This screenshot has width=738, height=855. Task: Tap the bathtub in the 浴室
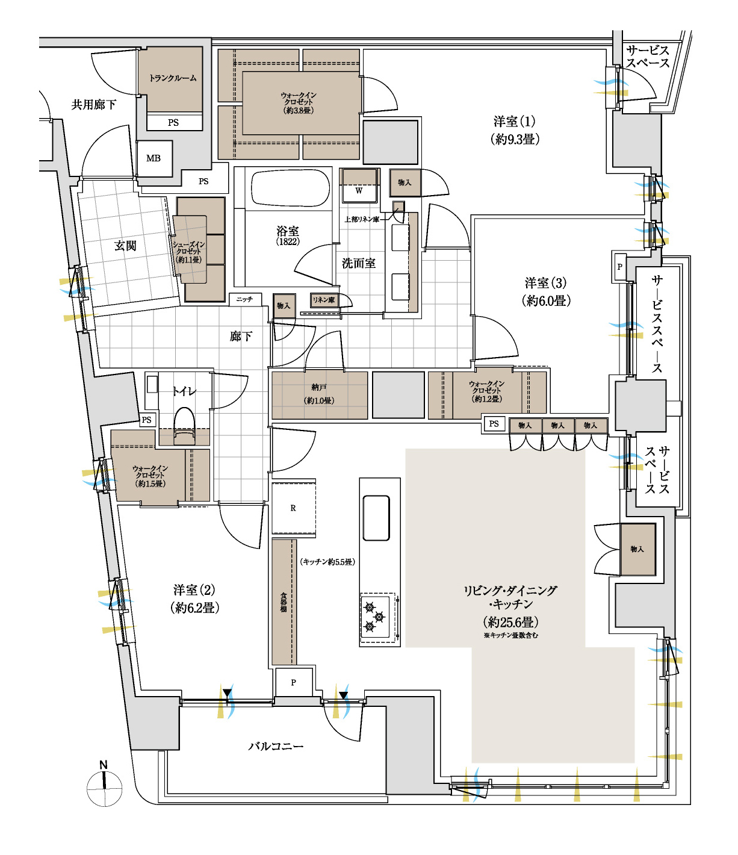[291, 188]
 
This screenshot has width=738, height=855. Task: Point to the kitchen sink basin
[376, 518]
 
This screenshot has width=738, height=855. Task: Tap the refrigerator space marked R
[294, 508]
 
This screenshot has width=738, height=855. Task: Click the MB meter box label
[153, 158]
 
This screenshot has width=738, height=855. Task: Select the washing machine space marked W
[359, 191]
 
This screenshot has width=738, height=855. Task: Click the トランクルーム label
[172, 78]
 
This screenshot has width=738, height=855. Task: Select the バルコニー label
[275, 746]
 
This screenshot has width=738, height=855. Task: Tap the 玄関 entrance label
[125, 246]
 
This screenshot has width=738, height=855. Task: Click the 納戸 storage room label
[319, 387]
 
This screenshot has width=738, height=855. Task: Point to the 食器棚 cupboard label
[284, 602]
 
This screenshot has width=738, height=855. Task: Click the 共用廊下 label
[94, 105]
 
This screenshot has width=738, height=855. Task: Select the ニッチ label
[244, 299]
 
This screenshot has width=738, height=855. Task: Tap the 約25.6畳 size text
[511, 622]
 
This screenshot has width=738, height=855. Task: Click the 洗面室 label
[359, 263]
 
